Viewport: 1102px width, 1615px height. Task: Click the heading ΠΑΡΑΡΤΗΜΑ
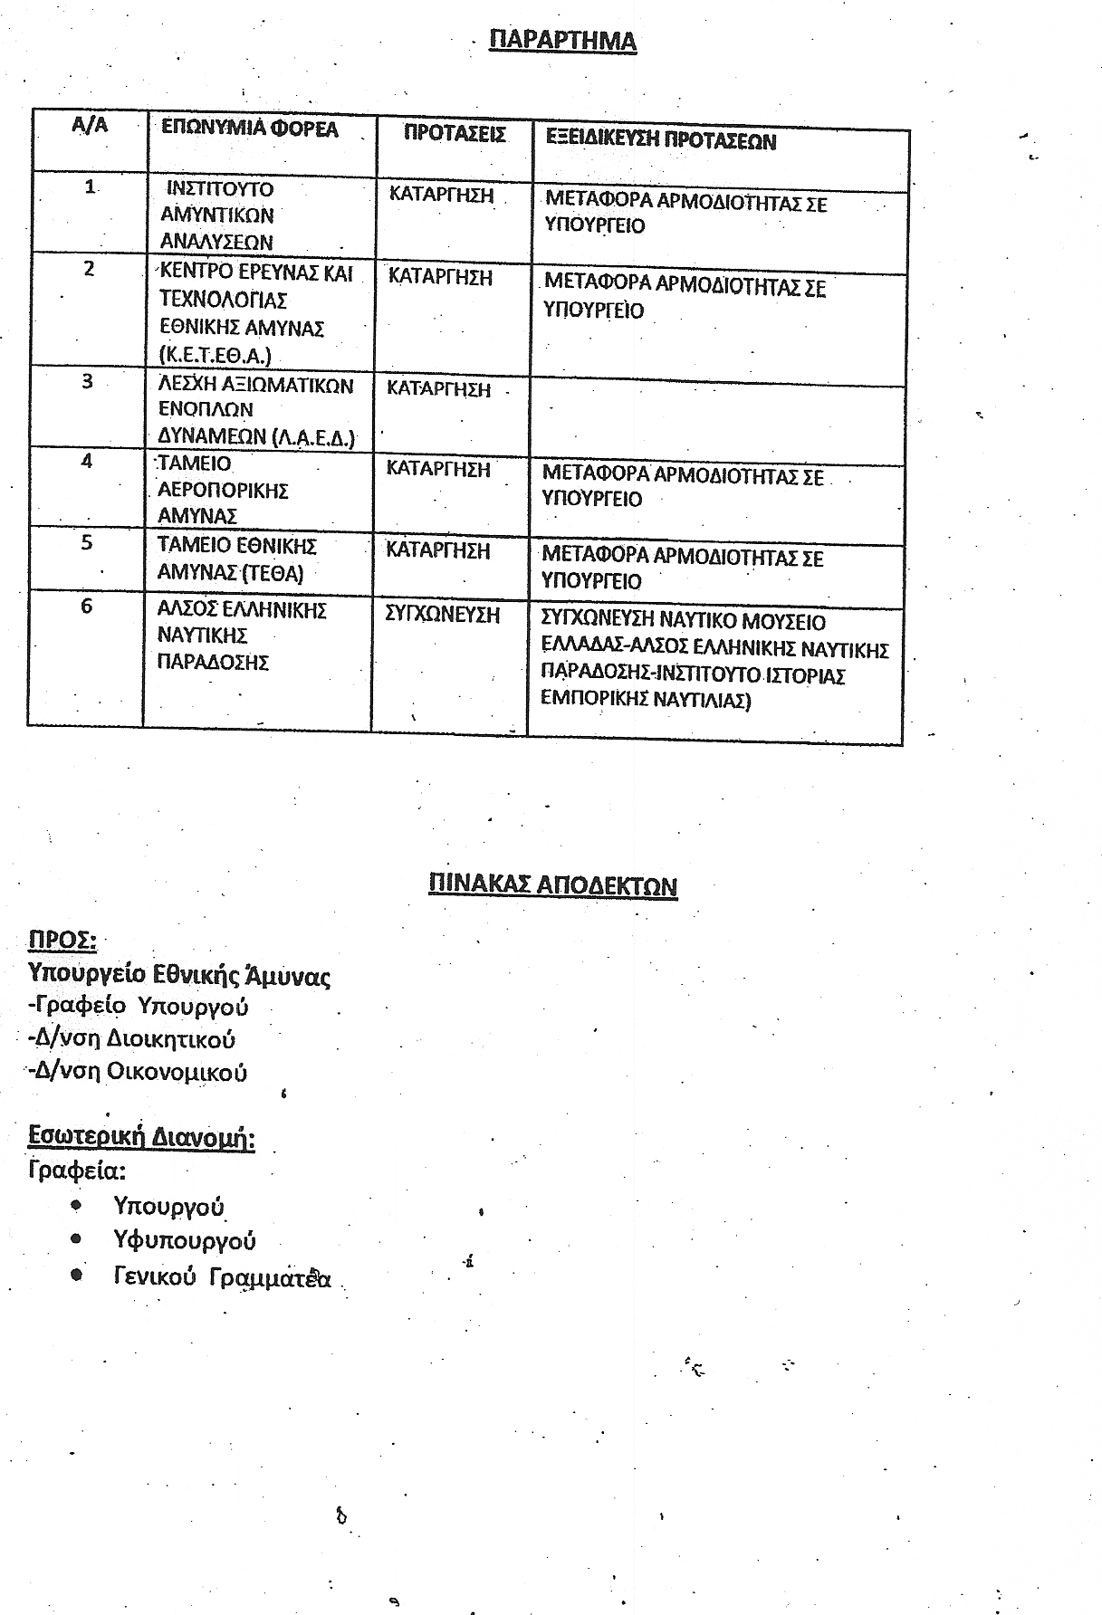click(x=562, y=41)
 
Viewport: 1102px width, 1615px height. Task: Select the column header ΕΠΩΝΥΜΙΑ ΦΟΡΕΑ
click(x=249, y=129)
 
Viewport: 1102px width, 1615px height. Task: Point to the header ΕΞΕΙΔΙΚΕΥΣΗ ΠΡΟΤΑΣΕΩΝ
click(x=661, y=141)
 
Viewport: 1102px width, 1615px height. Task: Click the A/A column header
click(x=90, y=125)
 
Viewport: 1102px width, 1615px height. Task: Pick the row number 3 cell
click(x=87, y=381)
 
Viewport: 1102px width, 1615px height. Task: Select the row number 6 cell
click(x=87, y=606)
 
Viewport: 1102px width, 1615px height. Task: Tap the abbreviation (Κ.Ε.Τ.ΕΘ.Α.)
click(x=215, y=355)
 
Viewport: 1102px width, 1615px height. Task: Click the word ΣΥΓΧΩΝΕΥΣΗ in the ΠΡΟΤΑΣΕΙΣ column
click(x=442, y=615)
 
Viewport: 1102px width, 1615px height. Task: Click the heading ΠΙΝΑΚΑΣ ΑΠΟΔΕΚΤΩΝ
click(x=552, y=884)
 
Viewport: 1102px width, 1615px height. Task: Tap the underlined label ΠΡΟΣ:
click(x=62, y=940)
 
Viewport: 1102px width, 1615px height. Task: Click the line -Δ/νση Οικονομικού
click(x=138, y=1072)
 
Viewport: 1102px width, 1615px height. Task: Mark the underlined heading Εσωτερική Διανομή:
click(x=141, y=1137)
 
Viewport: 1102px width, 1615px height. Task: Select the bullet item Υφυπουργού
click(x=185, y=1240)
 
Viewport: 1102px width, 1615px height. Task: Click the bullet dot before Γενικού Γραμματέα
click(x=77, y=1275)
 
